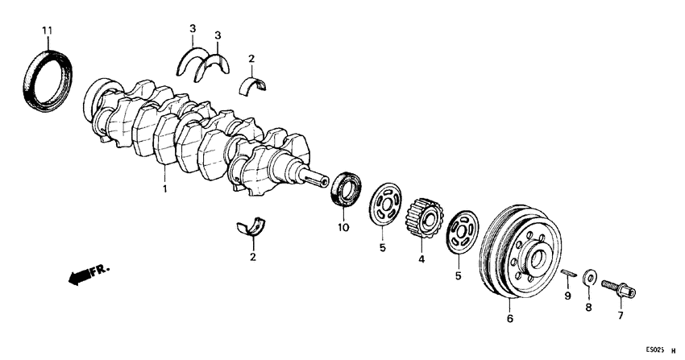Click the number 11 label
(x=47, y=31)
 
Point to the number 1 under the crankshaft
(x=164, y=189)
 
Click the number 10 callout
(x=342, y=229)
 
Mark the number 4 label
(x=421, y=259)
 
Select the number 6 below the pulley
(x=509, y=319)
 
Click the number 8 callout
(x=587, y=307)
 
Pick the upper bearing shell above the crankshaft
(x=258, y=83)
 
